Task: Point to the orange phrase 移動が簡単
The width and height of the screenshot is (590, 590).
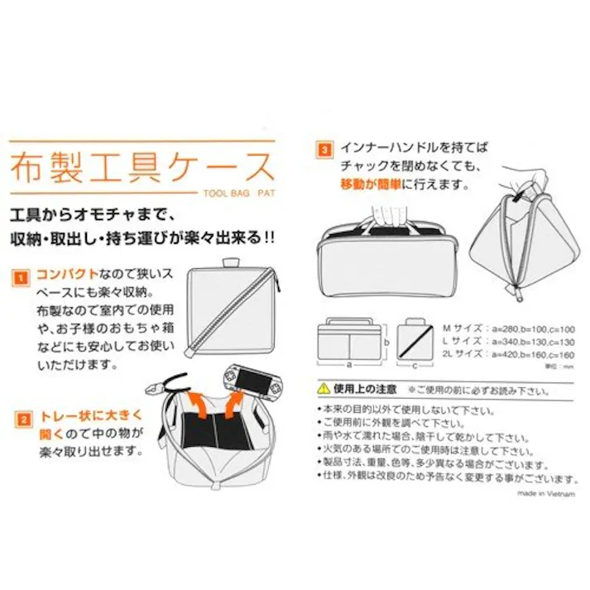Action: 372,183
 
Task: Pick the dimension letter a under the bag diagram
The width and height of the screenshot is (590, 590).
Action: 350,363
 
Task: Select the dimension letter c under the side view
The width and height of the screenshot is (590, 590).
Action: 416,363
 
